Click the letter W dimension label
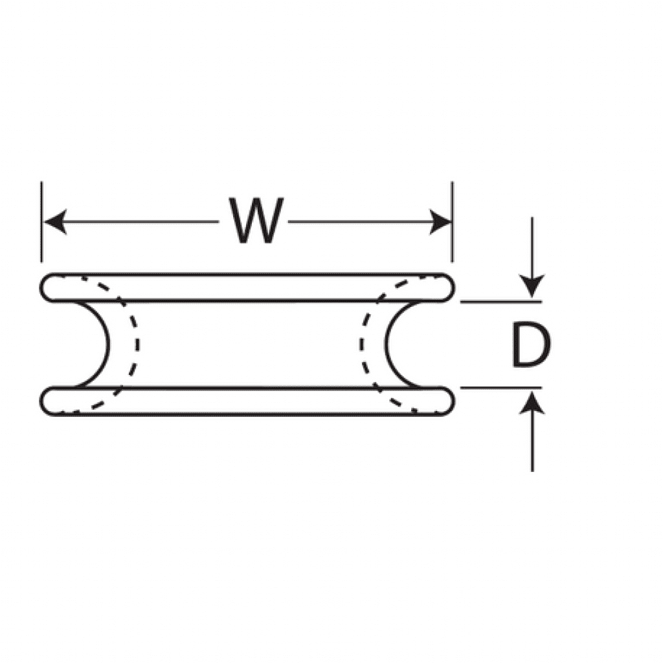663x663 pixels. [258, 221]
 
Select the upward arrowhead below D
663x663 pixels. [532, 404]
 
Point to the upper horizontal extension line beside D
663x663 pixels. [499, 302]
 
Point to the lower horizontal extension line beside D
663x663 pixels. [499, 388]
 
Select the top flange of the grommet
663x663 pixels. [246, 287]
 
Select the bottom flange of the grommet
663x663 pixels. [246, 401]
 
